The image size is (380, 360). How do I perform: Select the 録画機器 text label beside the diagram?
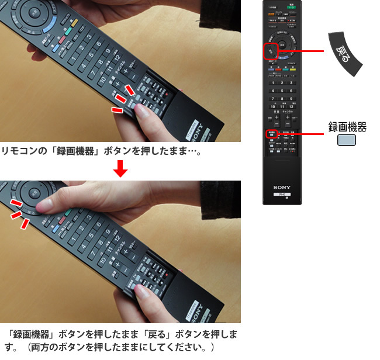coord(347,127)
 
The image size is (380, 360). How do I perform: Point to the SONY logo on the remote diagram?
coord(281,188)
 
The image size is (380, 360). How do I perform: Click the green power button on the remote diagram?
coord(290,8)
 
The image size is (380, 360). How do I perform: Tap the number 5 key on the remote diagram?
coord(281,91)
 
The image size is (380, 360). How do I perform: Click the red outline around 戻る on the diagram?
coord(271,51)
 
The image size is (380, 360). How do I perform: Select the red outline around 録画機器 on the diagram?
coord(271,134)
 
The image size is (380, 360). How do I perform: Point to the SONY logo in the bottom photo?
coord(197,308)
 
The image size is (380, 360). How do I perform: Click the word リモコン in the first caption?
coord(16,151)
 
